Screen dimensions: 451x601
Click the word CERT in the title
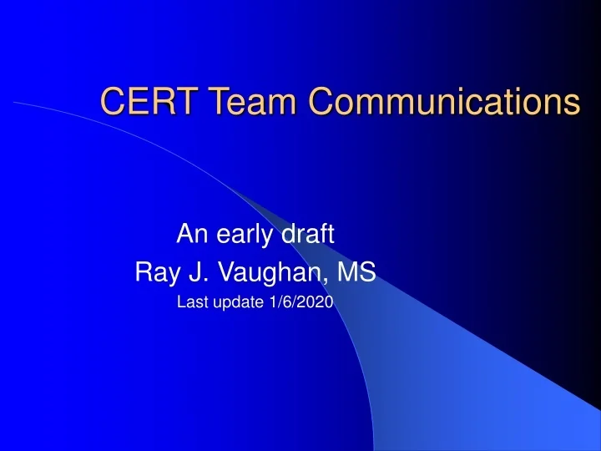click(x=144, y=101)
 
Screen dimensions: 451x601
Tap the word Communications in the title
click(x=442, y=101)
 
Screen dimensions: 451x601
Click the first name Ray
click(x=154, y=272)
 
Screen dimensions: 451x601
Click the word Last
click(x=190, y=303)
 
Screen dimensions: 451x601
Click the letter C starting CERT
click(x=111, y=101)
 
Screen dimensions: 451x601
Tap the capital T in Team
click(x=205, y=101)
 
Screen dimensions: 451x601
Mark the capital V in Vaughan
click(x=215, y=271)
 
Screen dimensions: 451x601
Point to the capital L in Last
click(x=181, y=303)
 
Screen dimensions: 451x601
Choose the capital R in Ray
click(x=143, y=271)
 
